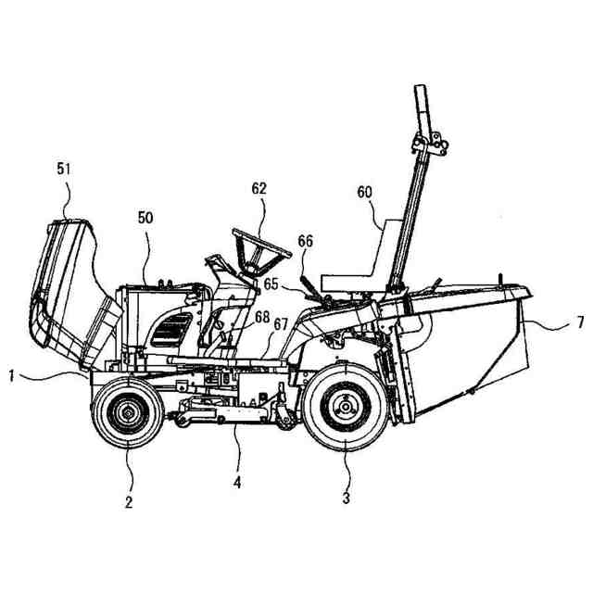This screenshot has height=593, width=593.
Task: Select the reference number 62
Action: tap(259, 188)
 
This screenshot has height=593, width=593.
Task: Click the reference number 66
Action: tap(305, 241)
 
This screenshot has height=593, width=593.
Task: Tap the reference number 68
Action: tap(262, 317)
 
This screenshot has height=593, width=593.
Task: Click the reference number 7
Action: tap(579, 322)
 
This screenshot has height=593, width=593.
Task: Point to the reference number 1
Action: tap(10, 375)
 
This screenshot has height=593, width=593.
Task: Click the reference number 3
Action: tap(346, 498)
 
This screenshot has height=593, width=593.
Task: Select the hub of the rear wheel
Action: tap(346, 405)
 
